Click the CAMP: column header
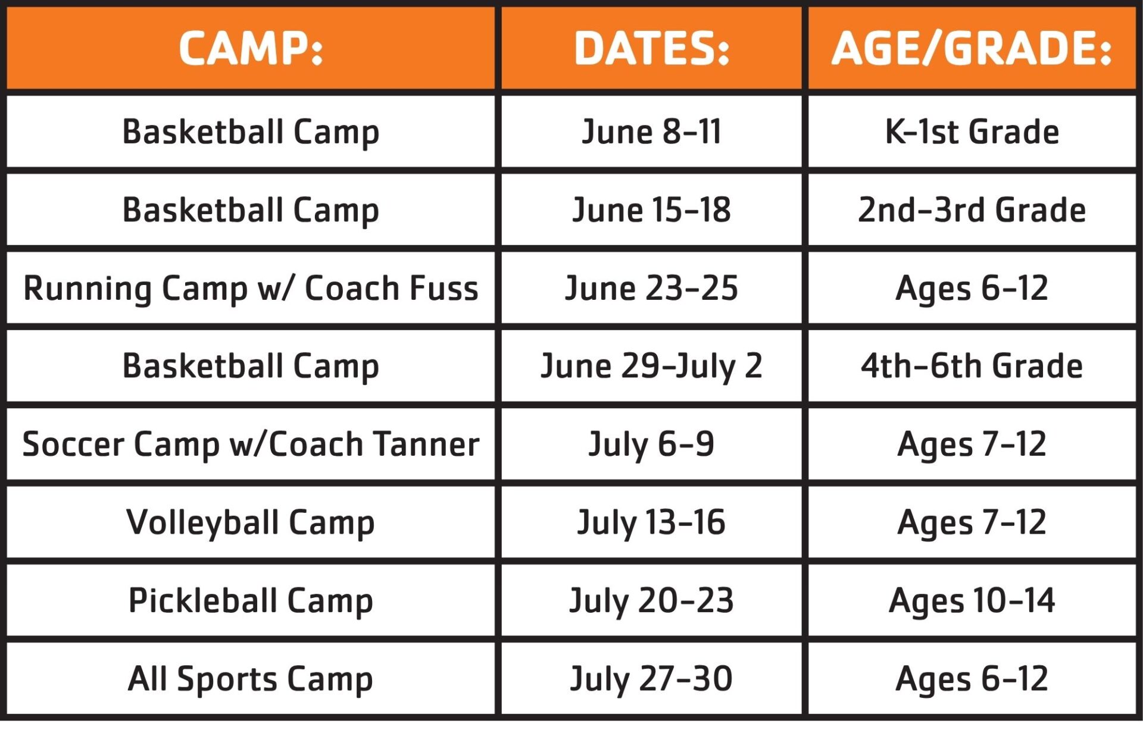click(x=251, y=48)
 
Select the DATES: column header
click(x=652, y=48)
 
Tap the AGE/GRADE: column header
click(x=972, y=48)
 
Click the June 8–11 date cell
click(x=651, y=131)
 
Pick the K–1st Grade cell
click(x=972, y=131)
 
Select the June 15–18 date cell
click(x=651, y=209)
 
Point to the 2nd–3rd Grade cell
click(x=972, y=209)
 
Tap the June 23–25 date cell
click(x=651, y=288)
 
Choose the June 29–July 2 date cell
click(x=651, y=366)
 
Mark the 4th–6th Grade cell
click(x=972, y=366)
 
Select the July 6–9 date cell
click(x=651, y=444)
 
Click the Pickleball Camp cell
click(x=251, y=601)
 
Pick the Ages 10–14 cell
click(x=972, y=601)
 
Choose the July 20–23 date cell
click(x=651, y=601)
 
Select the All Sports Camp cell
click(x=251, y=679)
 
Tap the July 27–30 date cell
click(x=651, y=679)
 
